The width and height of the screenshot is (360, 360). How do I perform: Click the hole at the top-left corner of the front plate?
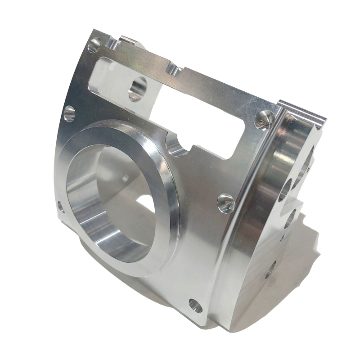pos(95,45)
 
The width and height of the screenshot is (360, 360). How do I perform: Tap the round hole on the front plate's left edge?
pos(69,113)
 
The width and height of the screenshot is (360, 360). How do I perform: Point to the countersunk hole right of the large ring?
pos(226,203)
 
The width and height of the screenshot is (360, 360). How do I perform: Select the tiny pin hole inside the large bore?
pos(126,177)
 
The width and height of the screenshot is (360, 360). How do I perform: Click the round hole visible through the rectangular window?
pos(138,88)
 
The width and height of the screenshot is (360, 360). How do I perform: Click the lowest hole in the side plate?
pos(270,270)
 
